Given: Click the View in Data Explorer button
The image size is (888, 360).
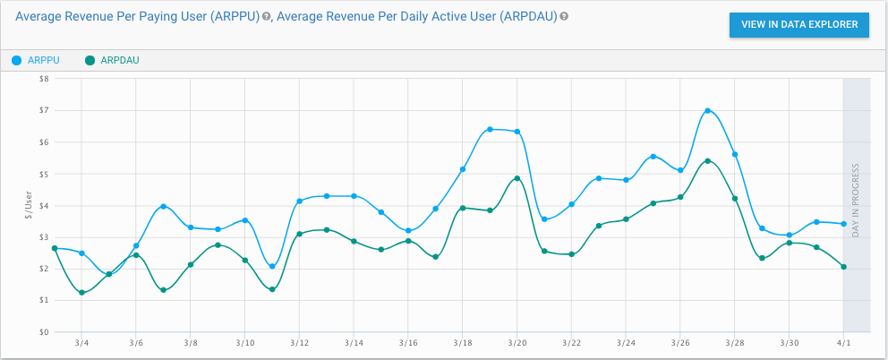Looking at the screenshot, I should click(x=799, y=25).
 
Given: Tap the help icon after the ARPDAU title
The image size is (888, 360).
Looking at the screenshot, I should click(x=564, y=17).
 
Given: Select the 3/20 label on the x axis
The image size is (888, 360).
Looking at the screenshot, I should click(x=517, y=343).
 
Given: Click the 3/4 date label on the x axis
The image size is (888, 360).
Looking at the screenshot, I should click(x=81, y=343).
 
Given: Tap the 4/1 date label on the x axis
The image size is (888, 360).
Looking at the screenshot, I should click(x=844, y=343).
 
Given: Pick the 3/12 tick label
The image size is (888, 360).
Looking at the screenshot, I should click(x=299, y=343).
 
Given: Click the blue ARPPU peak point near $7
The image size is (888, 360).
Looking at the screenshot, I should click(x=707, y=110).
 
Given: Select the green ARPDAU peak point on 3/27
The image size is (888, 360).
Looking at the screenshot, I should click(x=707, y=161).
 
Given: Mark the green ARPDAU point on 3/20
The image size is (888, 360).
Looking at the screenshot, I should click(x=517, y=178).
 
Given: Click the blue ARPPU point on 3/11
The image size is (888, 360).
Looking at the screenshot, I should click(x=272, y=266).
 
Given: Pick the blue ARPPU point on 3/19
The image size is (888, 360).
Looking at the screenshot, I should click(x=490, y=129).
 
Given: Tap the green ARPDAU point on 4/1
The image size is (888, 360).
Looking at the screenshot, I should click(x=844, y=267).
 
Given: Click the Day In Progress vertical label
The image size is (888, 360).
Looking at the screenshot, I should click(x=857, y=205).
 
